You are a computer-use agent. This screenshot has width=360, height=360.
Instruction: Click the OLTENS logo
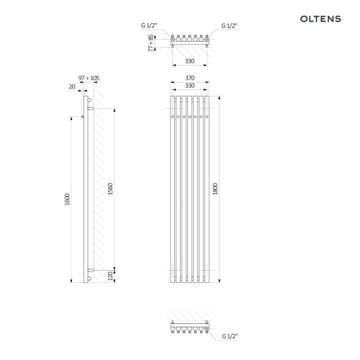coord(320,19)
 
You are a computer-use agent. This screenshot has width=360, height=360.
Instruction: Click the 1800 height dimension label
coord(215,189)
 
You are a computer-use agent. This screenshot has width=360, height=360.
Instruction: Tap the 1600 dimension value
coord(67,199)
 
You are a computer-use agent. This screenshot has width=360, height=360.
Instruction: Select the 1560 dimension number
coord(110,189)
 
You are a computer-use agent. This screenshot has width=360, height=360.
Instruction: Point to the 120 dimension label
coord(110,276)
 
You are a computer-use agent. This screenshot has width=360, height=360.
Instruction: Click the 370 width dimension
coord(189,78)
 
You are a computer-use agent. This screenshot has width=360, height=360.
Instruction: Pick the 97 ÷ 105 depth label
coord(89,78)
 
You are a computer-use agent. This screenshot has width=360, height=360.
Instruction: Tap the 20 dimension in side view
coord(72,86)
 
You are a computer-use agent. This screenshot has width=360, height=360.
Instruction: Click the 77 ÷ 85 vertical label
coord(150,43)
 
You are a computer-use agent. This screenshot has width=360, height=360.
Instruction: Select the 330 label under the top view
coord(189,61)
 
